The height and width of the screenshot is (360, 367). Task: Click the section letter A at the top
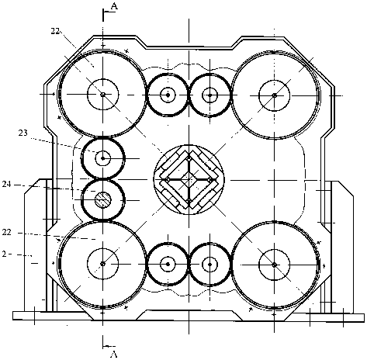(114, 6)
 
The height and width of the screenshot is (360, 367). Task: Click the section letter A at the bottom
(114, 354)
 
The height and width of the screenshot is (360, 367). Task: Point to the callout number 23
(23, 133)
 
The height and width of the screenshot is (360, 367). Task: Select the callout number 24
(7, 185)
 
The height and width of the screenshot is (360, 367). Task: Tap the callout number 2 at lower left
(4, 254)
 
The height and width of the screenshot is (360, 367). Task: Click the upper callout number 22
(55, 31)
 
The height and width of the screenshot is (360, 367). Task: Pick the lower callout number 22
(7, 232)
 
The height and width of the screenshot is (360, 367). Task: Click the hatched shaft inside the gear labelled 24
(103, 200)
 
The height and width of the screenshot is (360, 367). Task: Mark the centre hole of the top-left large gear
(103, 95)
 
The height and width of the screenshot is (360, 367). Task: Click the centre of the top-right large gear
(275, 95)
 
